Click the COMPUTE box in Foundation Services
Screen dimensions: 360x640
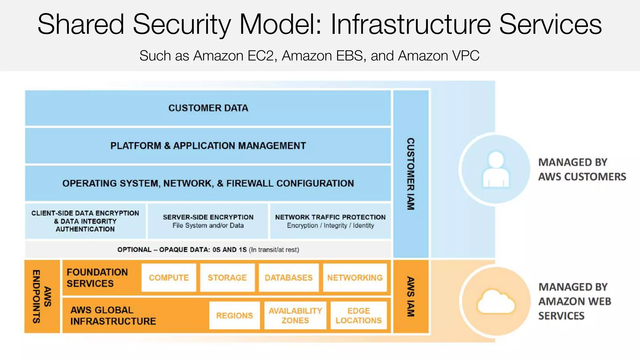click(169, 277)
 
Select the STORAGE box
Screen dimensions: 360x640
click(227, 277)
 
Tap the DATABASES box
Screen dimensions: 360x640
click(288, 277)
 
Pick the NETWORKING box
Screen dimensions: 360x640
click(355, 277)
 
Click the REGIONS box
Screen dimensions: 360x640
click(234, 315)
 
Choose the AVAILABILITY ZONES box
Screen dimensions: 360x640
click(295, 315)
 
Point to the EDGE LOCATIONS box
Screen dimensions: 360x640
click(358, 315)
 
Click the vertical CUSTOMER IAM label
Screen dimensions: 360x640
click(410, 174)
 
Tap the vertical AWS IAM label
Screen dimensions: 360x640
click(410, 296)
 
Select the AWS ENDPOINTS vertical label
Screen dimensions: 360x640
click(42, 296)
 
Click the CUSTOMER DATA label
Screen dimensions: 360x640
click(208, 108)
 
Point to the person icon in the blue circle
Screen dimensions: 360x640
click(496, 169)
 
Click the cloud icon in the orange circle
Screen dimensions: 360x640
click(496, 302)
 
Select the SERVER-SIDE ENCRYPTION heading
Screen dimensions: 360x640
click(208, 217)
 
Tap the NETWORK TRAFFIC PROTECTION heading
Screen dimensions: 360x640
click(330, 217)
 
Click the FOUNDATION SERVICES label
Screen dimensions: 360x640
click(97, 277)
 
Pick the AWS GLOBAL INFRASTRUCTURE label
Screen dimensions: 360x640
click(113, 315)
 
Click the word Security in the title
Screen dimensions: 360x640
click(182, 24)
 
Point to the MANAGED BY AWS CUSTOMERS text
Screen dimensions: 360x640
click(582, 169)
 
